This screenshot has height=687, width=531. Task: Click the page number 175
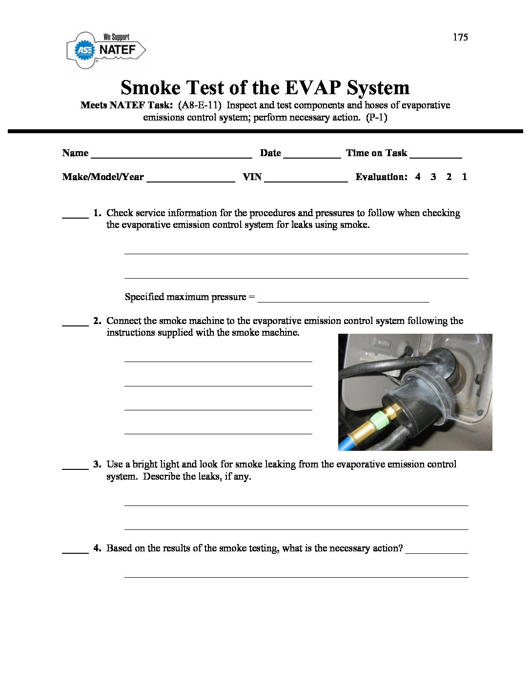point(460,37)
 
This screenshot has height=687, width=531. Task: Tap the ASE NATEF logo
point(106,49)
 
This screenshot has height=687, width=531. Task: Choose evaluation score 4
point(418,177)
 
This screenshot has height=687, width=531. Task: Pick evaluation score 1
point(465,177)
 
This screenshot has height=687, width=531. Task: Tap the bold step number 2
point(97,321)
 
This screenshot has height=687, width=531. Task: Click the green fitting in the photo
point(379,419)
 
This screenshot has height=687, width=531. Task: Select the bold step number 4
point(97,548)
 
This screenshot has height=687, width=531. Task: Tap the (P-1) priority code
point(376,118)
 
